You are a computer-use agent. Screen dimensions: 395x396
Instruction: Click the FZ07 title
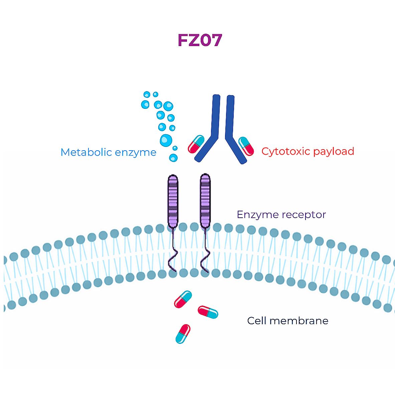coord(200,40)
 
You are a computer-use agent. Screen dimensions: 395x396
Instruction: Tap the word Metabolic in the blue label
coord(86,152)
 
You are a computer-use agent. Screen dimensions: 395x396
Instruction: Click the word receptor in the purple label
coord(304,215)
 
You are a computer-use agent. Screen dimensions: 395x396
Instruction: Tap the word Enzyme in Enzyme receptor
coord(258,215)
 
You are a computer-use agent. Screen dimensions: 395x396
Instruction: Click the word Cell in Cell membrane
coord(257,321)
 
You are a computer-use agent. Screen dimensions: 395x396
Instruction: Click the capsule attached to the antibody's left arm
coord(196,144)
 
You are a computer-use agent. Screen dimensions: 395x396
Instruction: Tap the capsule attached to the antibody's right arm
coord(246,146)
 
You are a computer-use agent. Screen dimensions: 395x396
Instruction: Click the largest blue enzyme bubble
coord(166,141)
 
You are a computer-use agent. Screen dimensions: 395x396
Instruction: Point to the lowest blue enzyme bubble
coord(173,158)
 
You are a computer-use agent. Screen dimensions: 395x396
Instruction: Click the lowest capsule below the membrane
coord(183,334)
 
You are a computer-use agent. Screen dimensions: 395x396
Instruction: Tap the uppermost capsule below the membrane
coord(183,299)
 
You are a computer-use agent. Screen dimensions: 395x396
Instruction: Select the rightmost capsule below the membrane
coord(208,312)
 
